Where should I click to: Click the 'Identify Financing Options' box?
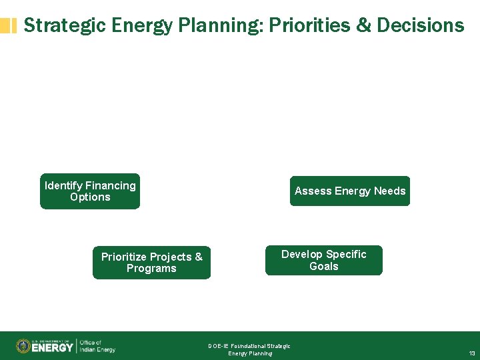[90, 191]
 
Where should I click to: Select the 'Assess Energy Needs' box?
[350, 191]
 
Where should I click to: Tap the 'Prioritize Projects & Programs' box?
[151, 263]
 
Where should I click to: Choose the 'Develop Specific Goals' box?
[324, 260]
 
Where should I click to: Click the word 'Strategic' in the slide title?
[65, 25]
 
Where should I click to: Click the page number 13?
[471, 353]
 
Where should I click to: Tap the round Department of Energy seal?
[23, 346]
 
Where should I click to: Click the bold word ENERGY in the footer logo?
[53, 347]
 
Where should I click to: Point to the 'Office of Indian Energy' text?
[97, 346]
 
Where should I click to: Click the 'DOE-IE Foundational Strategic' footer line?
[249, 346]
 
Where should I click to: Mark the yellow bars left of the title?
[9, 26]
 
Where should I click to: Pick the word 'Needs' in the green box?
[389, 191]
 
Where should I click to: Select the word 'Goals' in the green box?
[324, 266]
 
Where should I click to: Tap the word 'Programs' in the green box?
[151, 269]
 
